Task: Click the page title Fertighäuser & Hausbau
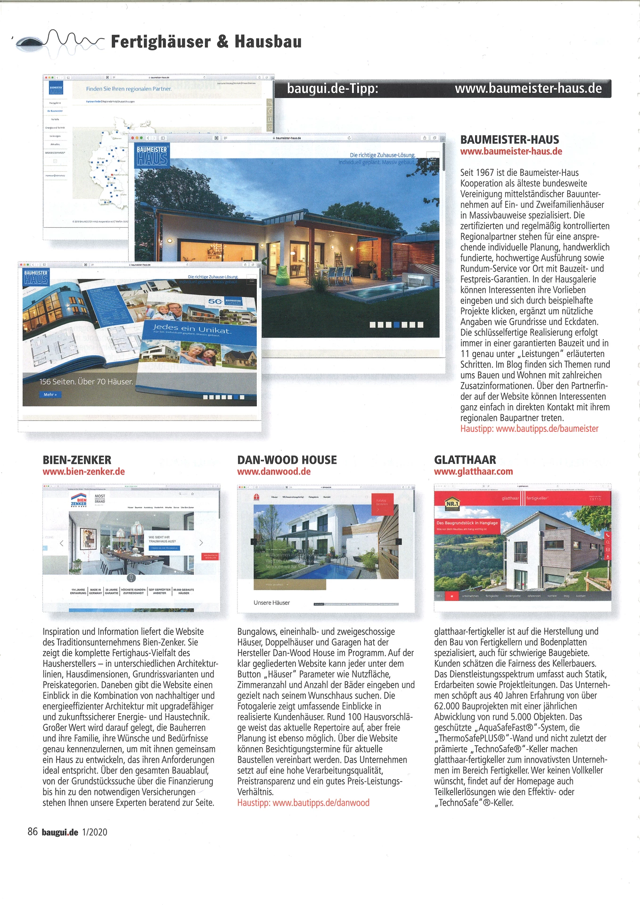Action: point(206,42)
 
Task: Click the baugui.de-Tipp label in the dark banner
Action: point(332,89)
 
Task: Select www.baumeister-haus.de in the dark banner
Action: point(528,89)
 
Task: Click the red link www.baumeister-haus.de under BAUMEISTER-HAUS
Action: point(511,152)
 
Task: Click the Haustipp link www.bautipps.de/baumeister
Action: point(529,429)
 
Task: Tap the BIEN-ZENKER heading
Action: point(77,460)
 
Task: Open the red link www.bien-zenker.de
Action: point(83,472)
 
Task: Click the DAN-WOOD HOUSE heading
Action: point(287,460)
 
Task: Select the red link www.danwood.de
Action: point(273,472)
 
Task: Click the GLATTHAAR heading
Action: point(465,460)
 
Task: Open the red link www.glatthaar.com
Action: point(473,472)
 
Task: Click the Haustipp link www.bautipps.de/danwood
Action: point(303,803)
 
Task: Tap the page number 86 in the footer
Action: point(33,832)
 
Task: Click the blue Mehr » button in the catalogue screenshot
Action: point(50,395)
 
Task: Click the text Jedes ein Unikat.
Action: point(191,329)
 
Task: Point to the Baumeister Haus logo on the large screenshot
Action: point(151,155)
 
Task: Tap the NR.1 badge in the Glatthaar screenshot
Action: point(451,504)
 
